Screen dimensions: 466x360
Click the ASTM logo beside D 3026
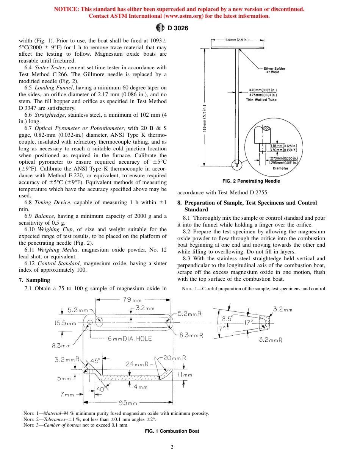[x=160, y=28]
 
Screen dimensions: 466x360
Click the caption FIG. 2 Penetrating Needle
[x=251, y=181]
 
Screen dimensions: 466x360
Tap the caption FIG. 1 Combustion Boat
[x=172, y=431]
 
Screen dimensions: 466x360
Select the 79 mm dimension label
[x=132, y=300]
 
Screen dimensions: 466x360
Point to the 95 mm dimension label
[x=127, y=402]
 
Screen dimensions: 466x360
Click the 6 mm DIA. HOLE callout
[x=130, y=338]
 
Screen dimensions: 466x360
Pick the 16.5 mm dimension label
[x=66, y=323]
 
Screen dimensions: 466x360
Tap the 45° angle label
[x=95, y=361]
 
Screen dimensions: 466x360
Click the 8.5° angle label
[x=228, y=319]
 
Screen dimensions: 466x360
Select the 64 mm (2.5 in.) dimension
[x=238, y=39]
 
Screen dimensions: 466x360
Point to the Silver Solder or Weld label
[x=274, y=70]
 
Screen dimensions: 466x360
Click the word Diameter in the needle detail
[x=280, y=168]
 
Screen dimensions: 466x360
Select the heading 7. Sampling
[x=34, y=280]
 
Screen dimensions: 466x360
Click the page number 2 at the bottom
[x=172, y=447]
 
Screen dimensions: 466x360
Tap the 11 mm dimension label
[x=185, y=375]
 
